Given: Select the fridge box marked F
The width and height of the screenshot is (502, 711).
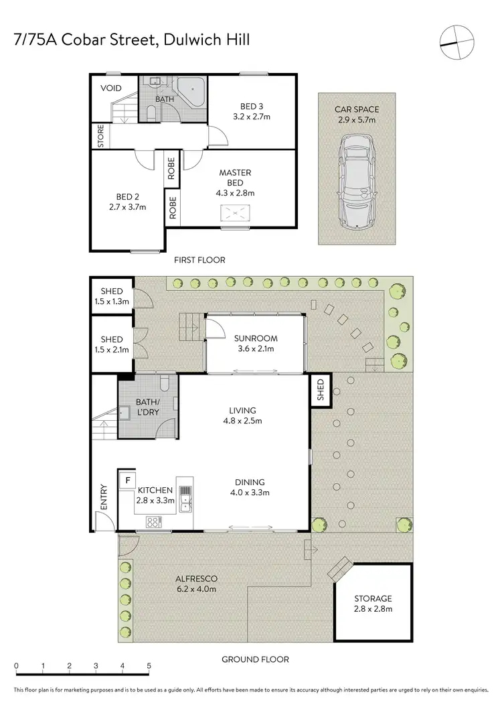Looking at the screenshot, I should tap(126, 480).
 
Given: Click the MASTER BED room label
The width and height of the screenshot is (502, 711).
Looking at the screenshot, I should tap(234, 178).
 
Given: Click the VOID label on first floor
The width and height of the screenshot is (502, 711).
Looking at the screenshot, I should tap(110, 88).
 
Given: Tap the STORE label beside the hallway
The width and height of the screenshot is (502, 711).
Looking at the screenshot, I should tap(101, 136).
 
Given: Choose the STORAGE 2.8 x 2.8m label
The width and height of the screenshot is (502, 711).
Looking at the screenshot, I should tap(373, 603).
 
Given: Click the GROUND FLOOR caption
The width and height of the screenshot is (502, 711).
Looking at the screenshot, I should tap(255, 659).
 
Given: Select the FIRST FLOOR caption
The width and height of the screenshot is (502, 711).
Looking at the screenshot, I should tap(199, 260).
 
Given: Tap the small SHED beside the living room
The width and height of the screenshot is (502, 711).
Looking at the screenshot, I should tap(319, 391).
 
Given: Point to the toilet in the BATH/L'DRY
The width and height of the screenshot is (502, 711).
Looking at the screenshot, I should tap(165, 384).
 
